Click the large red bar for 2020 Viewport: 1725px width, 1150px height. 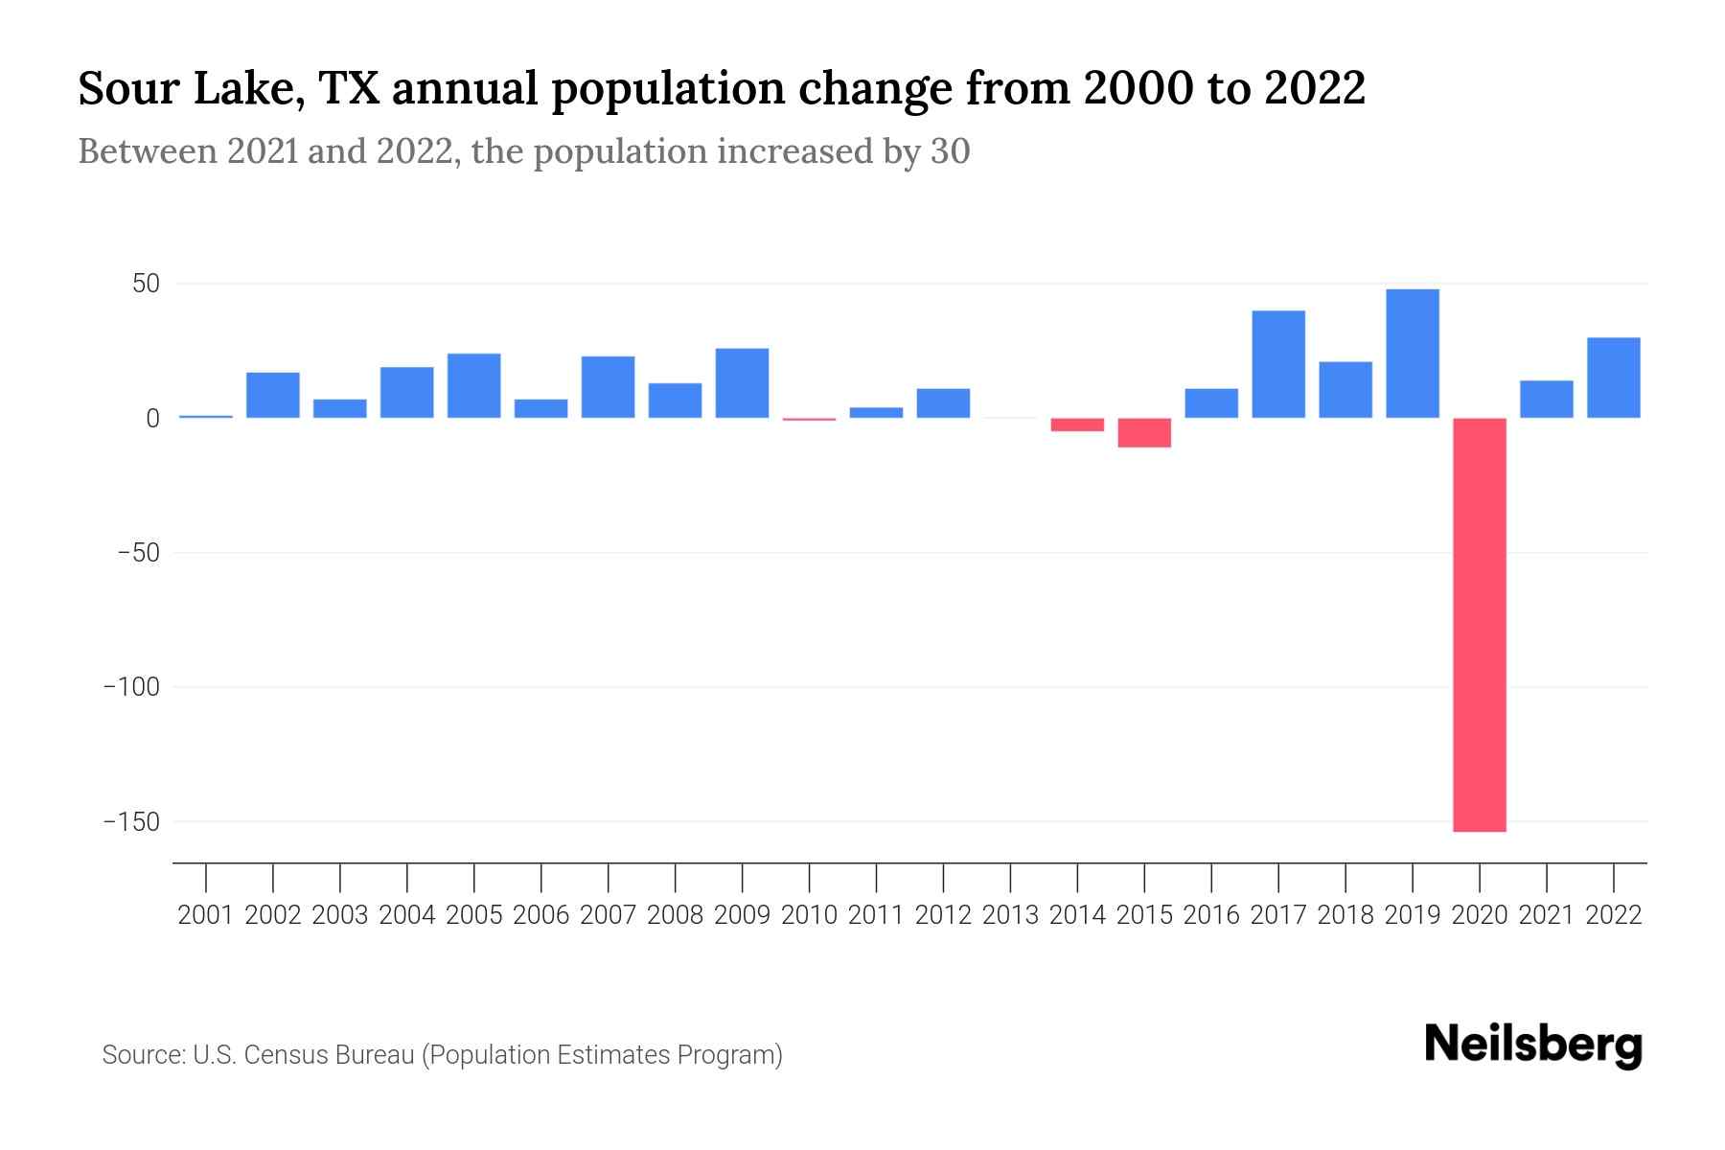point(1480,625)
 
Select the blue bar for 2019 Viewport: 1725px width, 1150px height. point(1413,354)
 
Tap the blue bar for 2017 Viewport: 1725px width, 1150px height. point(1278,364)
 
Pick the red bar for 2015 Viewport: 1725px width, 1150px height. point(1144,433)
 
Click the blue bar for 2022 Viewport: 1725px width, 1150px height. point(1614,378)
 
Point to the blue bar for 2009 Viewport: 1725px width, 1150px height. point(742,383)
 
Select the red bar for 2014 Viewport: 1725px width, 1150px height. point(1077,425)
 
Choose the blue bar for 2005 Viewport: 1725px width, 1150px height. point(473,386)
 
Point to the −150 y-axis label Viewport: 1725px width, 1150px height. point(131,822)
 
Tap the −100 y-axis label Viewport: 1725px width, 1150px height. point(131,687)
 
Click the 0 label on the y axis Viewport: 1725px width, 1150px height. point(152,419)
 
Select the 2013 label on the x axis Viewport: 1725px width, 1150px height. point(1010,915)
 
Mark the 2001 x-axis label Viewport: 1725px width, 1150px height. point(206,915)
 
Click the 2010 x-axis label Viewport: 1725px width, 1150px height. point(809,915)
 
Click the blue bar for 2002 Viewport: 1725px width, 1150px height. point(273,395)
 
